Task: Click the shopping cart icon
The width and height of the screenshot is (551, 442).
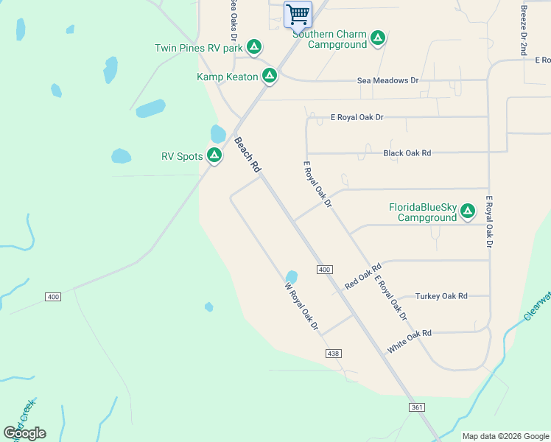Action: coord(298,14)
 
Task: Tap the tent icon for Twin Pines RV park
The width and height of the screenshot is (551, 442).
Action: coord(254,48)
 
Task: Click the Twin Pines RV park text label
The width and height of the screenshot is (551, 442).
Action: coord(198,49)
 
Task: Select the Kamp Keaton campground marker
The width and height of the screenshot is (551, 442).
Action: coord(270,76)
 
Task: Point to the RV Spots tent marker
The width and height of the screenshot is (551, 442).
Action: coord(214,155)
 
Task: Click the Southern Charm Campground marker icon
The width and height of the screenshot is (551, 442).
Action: coord(378,38)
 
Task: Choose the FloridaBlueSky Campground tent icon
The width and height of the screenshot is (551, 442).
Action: coord(467,212)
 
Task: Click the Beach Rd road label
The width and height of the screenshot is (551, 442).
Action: coord(248,155)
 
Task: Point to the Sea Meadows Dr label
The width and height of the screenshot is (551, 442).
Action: coord(387,80)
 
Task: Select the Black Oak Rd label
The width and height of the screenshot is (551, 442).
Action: coord(407,153)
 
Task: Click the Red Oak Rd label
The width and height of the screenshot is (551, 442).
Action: coord(362,276)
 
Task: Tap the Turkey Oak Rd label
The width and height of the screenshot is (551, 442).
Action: coord(441,296)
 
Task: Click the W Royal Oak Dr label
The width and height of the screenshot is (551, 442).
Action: coord(302,306)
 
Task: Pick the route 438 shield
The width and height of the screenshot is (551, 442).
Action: coord(333,354)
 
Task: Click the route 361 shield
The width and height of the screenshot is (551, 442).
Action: coord(418,407)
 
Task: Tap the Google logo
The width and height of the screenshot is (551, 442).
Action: coord(24,433)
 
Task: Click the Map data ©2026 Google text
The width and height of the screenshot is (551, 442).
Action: coord(505,436)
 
